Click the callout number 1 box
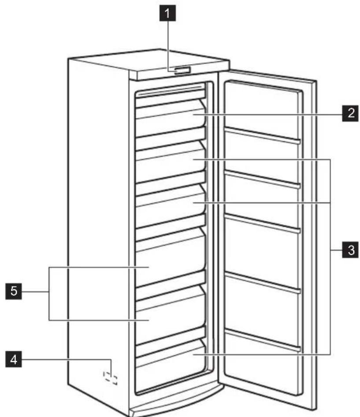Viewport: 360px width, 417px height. [167, 16]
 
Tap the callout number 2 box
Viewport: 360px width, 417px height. [350, 113]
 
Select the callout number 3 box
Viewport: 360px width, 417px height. [350, 251]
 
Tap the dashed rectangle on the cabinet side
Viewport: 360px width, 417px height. [111, 377]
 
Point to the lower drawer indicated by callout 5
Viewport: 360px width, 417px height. [170, 315]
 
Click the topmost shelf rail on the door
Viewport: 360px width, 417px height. [263, 135]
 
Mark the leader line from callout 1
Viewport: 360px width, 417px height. [167, 44]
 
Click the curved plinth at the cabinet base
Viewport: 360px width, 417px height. [176, 403]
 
